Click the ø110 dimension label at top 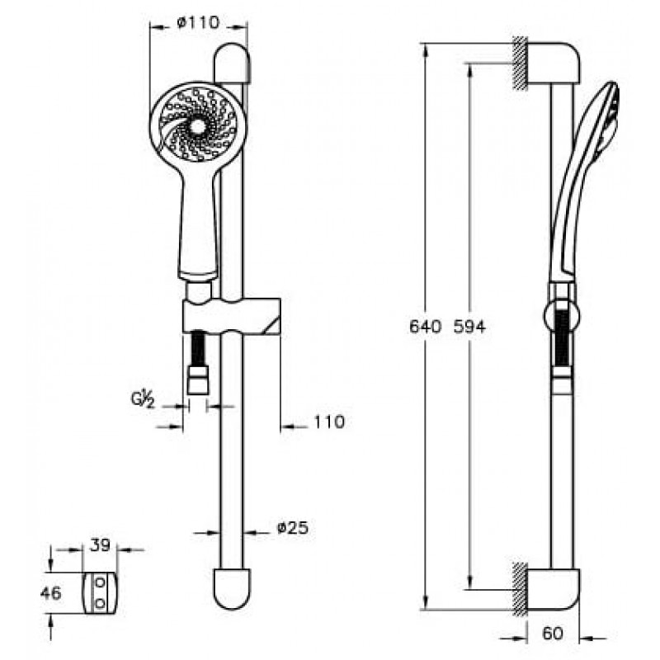pos(198,23)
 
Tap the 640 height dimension pos(426,327)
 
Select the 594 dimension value pos(469,327)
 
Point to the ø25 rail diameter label pos(293,527)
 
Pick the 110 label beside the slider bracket pos(329,422)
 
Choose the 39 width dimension pos(100,545)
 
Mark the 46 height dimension pos(51,593)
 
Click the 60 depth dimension pos(553,633)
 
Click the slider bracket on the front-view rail pos(232,316)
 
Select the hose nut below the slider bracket pos(198,379)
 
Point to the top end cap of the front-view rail pos(232,64)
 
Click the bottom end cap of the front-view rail pos(232,589)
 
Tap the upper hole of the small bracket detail pos(100,583)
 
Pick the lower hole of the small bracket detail pos(100,604)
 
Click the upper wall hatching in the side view pos(521,64)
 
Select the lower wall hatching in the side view pos(521,589)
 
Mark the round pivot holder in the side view pos(561,316)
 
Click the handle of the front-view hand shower pos(199,228)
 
